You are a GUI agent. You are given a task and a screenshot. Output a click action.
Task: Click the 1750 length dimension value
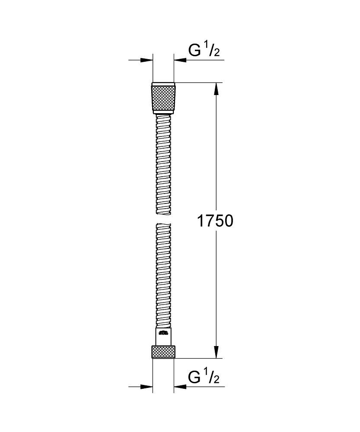tap(215, 221)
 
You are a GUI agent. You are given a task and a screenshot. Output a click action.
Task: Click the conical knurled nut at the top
tap(163, 98)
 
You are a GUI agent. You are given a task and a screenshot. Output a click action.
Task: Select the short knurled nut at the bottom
tap(163, 351)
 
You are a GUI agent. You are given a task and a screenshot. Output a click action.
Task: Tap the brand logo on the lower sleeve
tap(163, 333)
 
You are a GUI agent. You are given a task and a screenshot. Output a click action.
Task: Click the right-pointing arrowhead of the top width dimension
tap(147, 60)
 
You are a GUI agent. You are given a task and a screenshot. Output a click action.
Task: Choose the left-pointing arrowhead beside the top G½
tap(179, 60)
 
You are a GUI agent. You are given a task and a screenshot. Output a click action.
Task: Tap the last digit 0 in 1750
tap(229, 221)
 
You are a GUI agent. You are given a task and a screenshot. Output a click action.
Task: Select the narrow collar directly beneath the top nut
tap(163, 113)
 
